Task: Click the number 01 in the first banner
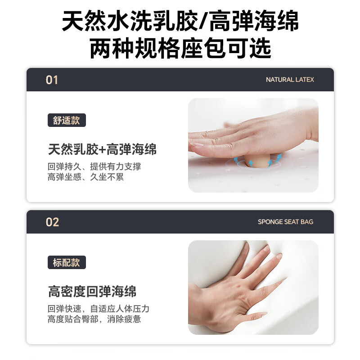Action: pyautogui.click(x=52, y=80)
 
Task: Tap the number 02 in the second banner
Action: pyautogui.click(x=52, y=222)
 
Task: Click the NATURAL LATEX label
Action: pyautogui.click(x=290, y=80)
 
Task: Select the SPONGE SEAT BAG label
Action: pyautogui.click(x=285, y=222)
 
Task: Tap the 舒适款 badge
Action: pyautogui.click(x=67, y=120)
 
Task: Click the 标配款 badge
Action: pyautogui.click(x=67, y=262)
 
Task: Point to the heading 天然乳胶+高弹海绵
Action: pyautogui.click(x=102, y=149)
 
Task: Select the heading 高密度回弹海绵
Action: pyautogui.click(x=92, y=291)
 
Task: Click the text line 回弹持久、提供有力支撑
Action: pyautogui.click(x=94, y=166)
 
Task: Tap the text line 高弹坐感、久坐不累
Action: pyautogui.click(x=85, y=177)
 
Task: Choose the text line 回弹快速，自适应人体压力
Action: pyautogui.click(x=98, y=309)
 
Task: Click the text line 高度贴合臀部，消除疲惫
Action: pyautogui.click(x=94, y=319)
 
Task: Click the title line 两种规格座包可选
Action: pyautogui.click(x=180, y=48)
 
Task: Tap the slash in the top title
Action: pyautogui.click(x=203, y=21)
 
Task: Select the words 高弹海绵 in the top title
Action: pyautogui.click(x=253, y=21)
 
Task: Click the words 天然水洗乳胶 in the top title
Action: pyautogui.click(x=130, y=21)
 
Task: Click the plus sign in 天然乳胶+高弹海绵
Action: pyautogui.click(x=103, y=150)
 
